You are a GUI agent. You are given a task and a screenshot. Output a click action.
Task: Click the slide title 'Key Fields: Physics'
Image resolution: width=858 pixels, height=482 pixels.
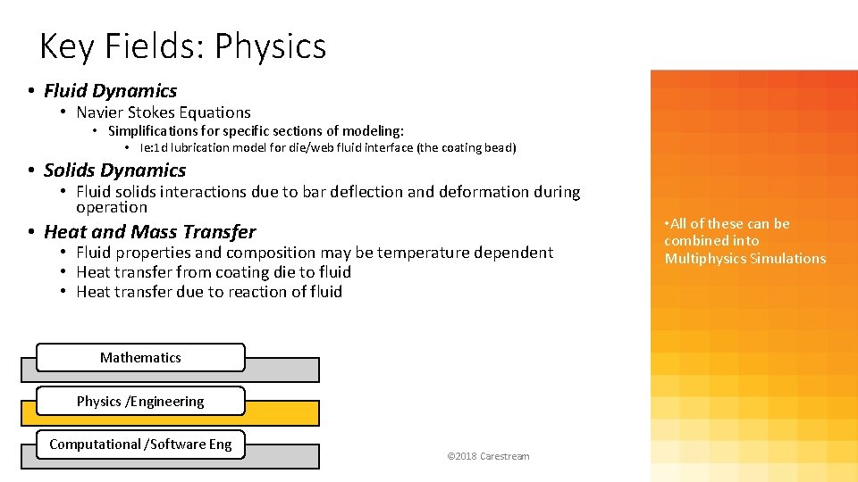183,46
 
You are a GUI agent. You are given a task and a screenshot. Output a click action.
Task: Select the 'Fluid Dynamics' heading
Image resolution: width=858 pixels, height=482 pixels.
110,91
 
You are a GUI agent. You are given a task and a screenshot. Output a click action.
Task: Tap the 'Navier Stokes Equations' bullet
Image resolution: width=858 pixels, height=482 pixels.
163,112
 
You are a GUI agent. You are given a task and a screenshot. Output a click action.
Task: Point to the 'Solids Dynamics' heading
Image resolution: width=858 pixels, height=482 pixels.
114,170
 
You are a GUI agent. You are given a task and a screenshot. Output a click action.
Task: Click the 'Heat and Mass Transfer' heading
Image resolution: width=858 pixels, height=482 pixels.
149,232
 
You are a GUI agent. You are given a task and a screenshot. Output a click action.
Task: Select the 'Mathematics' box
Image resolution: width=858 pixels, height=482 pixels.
140,358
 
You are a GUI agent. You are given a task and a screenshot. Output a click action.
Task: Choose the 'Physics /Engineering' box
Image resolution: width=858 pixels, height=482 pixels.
140,402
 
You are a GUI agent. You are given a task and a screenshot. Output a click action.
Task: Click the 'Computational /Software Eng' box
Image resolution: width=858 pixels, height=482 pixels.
140,445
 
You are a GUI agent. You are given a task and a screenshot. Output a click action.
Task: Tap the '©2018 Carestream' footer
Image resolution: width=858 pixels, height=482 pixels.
488,456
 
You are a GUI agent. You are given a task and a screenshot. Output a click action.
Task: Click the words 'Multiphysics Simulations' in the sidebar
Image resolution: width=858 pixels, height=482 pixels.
745,259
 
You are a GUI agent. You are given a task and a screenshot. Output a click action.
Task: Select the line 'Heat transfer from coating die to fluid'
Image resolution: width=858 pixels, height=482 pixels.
214,272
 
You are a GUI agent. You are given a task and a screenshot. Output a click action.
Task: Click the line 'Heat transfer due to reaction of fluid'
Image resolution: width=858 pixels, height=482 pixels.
209,292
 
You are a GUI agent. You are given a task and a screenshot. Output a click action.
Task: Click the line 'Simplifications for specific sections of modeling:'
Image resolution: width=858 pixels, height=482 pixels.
256,131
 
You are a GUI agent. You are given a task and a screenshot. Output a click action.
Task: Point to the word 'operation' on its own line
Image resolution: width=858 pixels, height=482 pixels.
112,207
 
